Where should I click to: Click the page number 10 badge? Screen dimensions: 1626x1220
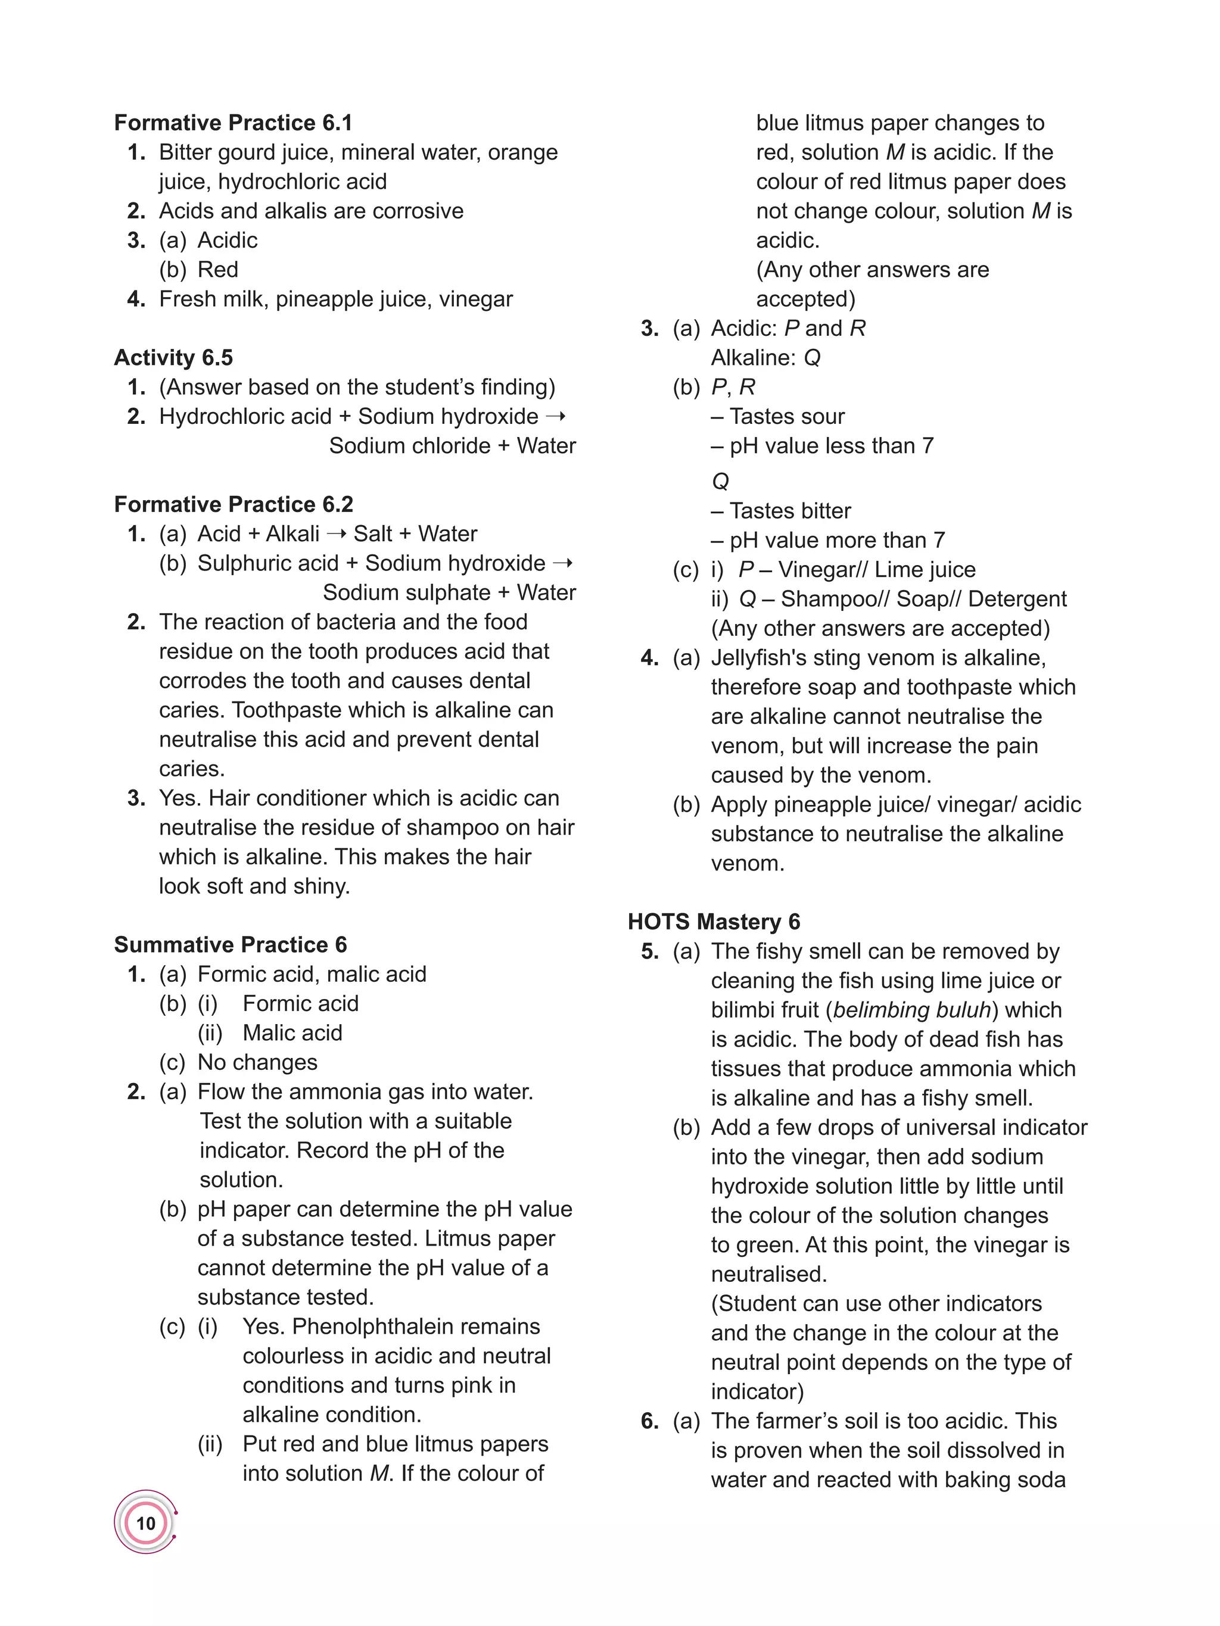click(x=145, y=1522)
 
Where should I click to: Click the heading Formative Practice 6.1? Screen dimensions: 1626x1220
click(x=233, y=123)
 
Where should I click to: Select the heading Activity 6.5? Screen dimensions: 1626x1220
click(x=173, y=358)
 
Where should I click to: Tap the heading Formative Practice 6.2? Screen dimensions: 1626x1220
click(x=233, y=504)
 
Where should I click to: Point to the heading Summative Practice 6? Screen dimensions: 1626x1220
click(x=230, y=944)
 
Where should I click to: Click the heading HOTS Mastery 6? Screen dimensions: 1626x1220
click(x=713, y=922)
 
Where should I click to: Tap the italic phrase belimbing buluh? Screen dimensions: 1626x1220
click(x=912, y=1010)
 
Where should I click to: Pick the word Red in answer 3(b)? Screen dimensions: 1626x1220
click(x=217, y=270)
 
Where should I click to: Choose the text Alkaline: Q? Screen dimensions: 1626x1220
click(x=765, y=358)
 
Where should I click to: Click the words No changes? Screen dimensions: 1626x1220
click(x=257, y=1062)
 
